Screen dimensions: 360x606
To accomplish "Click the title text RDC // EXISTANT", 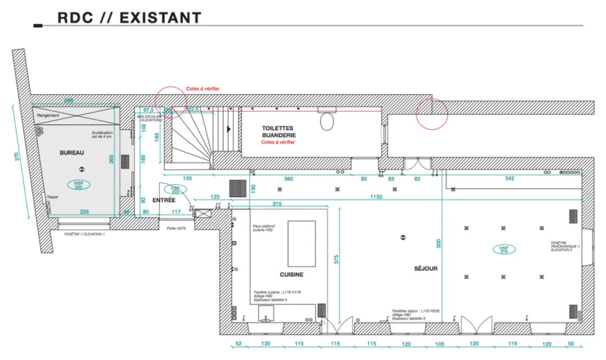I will (129, 18).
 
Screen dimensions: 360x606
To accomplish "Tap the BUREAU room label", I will (72, 153).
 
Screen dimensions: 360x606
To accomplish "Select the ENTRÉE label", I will (164, 200).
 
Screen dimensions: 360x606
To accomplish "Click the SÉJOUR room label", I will (425, 268).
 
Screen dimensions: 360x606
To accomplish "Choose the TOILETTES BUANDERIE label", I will (279, 132).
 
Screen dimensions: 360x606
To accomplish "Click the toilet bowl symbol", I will (327, 121).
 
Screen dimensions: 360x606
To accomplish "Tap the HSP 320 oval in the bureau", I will (79, 185).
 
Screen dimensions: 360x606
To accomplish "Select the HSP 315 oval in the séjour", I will (504, 250).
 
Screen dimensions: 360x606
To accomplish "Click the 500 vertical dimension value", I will (439, 244).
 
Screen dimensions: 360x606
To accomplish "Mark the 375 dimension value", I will (336, 260).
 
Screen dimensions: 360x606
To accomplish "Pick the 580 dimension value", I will (288, 179).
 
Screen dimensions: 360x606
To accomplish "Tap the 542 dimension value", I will (509, 179).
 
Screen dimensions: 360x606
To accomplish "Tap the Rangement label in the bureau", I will (48, 115).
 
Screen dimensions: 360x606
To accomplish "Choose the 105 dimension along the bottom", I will (439, 344).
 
